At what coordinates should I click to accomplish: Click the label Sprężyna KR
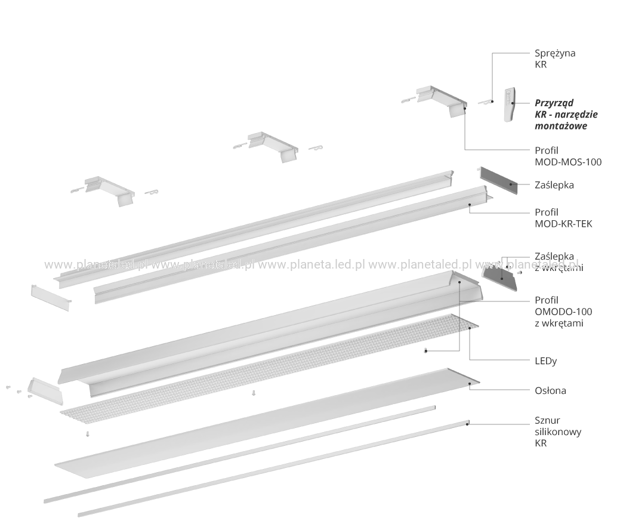pyautogui.click(x=554, y=58)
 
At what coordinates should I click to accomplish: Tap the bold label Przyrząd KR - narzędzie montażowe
pyautogui.click(x=566, y=115)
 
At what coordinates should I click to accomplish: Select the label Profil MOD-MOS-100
pyautogui.click(x=568, y=156)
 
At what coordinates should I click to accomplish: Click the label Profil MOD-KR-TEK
pyautogui.click(x=563, y=218)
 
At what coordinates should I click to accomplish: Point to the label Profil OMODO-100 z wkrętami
pyautogui.click(x=563, y=312)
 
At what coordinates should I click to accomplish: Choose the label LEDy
pyautogui.click(x=545, y=361)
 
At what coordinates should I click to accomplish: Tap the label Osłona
pyautogui.click(x=550, y=390)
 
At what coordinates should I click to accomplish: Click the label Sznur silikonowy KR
pyautogui.click(x=558, y=432)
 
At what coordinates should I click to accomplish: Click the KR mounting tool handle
pyautogui.click(x=509, y=104)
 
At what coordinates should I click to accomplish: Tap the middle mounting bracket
pyautogui.click(x=273, y=147)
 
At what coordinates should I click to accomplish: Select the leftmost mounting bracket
pyautogui.click(x=109, y=191)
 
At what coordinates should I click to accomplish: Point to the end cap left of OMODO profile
pyautogui.click(x=45, y=391)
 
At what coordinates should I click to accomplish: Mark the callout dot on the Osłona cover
pyautogui.click(x=469, y=383)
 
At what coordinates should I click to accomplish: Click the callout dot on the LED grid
pyautogui.click(x=470, y=328)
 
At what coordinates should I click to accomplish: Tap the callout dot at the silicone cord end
pyautogui.click(x=467, y=424)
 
